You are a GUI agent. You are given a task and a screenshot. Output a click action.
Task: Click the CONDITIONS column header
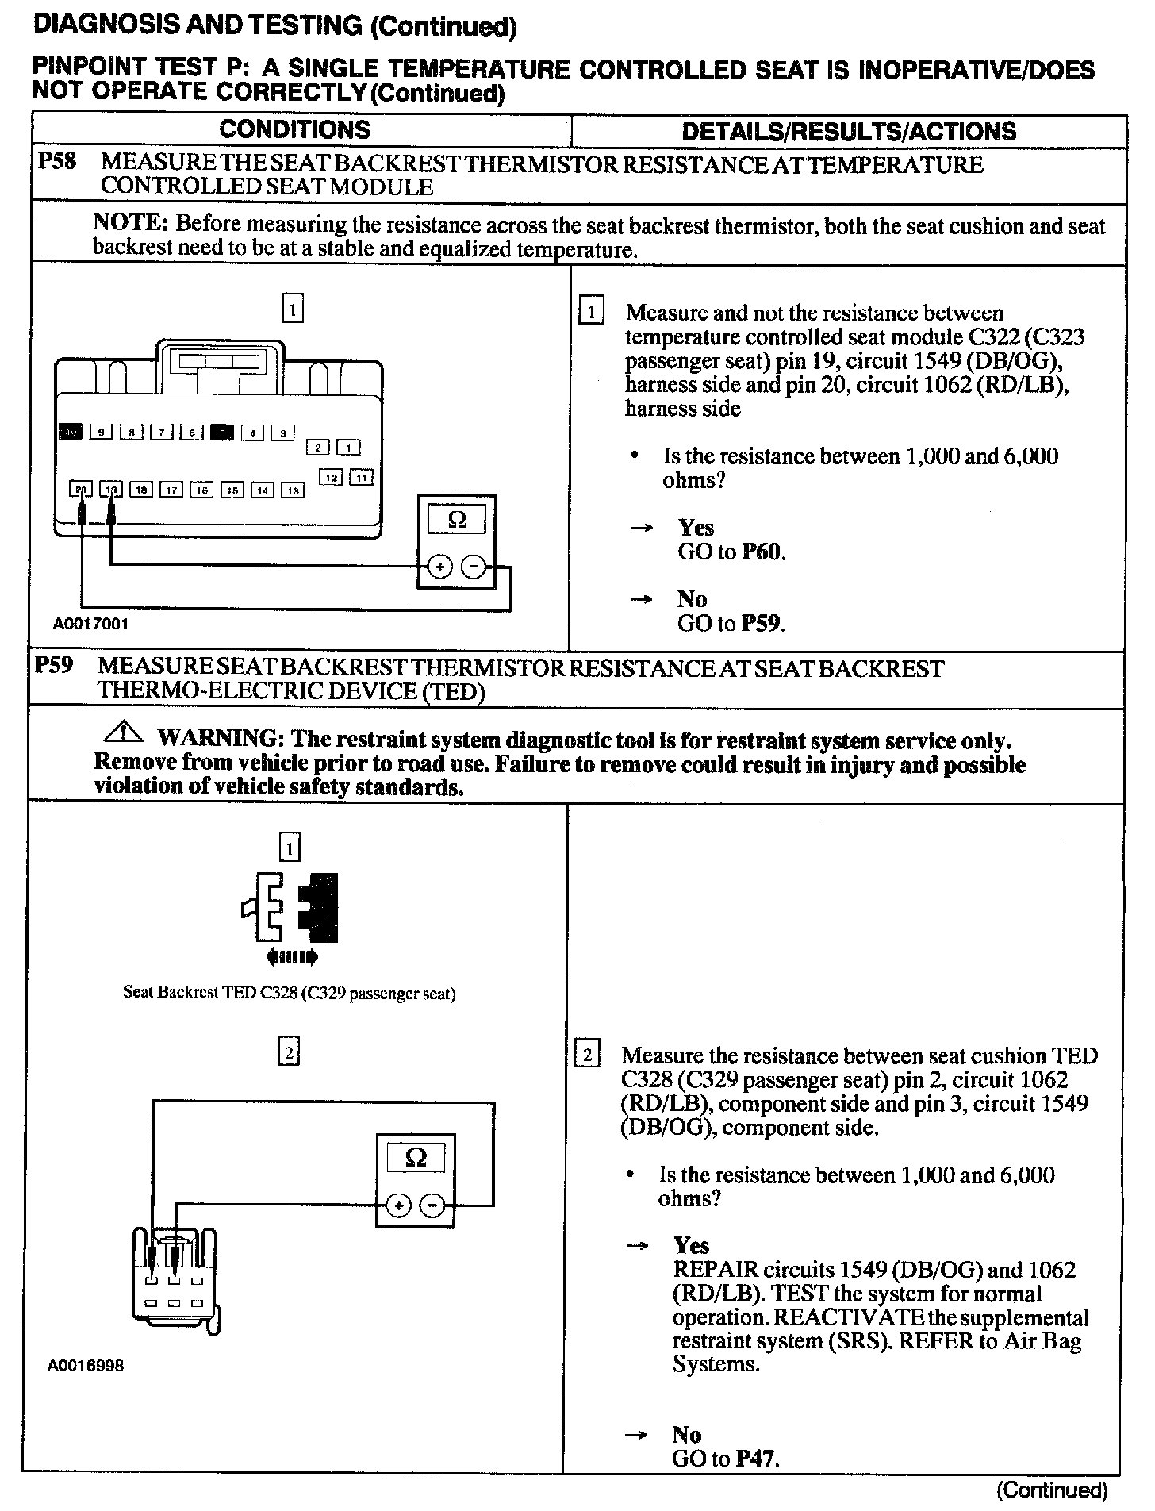(x=294, y=130)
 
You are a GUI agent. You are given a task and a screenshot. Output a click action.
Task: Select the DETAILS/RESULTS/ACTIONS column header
(x=849, y=132)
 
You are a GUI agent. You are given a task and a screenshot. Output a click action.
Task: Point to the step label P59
(x=54, y=664)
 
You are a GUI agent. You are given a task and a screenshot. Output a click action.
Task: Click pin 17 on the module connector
(x=171, y=490)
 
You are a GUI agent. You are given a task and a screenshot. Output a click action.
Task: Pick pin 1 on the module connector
(x=349, y=448)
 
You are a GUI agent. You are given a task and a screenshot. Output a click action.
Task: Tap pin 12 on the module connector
(x=332, y=477)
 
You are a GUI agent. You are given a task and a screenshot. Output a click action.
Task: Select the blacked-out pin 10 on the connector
(x=71, y=432)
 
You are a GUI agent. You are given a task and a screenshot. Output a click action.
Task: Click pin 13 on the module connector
(x=293, y=490)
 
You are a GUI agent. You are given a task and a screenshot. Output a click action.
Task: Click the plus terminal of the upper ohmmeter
(x=440, y=567)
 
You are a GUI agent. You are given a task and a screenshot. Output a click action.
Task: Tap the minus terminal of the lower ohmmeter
(x=432, y=1206)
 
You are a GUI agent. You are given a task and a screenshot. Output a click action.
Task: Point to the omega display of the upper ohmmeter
(x=456, y=520)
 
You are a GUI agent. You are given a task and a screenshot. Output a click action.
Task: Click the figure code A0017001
(x=90, y=624)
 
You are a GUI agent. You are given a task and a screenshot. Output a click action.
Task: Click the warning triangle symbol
(x=123, y=731)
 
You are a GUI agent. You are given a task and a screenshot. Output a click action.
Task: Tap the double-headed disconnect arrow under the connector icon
(x=293, y=958)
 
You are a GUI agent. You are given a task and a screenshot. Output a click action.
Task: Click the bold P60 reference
(x=761, y=552)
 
